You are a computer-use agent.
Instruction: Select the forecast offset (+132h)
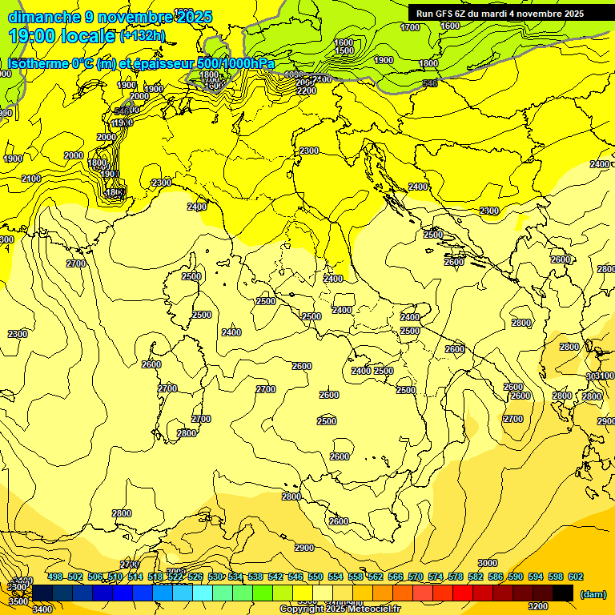pyautogui.click(x=143, y=35)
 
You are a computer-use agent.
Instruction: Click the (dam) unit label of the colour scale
pyautogui.click(x=593, y=593)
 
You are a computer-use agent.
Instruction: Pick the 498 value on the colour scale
pyautogui.click(x=55, y=577)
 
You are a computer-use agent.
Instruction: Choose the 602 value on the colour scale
pyautogui.click(x=576, y=577)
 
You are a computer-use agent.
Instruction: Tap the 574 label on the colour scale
pyautogui.click(x=436, y=577)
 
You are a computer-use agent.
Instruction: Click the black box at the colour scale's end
pyautogui.click(x=563, y=593)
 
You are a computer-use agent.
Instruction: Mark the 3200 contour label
pyautogui.click(x=539, y=606)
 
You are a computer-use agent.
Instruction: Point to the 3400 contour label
pyautogui.click(x=42, y=609)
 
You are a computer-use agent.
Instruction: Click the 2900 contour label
pyautogui.click(x=303, y=548)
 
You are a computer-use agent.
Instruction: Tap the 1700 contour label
pyautogui.click(x=410, y=27)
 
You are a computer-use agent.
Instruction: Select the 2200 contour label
pyautogui.click(x=306, y=90)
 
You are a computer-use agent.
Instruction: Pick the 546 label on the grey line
pyautogui.click(x=429, y=83)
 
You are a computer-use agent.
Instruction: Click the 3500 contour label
pyautogui.click(x=17, y=599)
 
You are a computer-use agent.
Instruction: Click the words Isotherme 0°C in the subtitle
pyautogui.click(x=49, y=64)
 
